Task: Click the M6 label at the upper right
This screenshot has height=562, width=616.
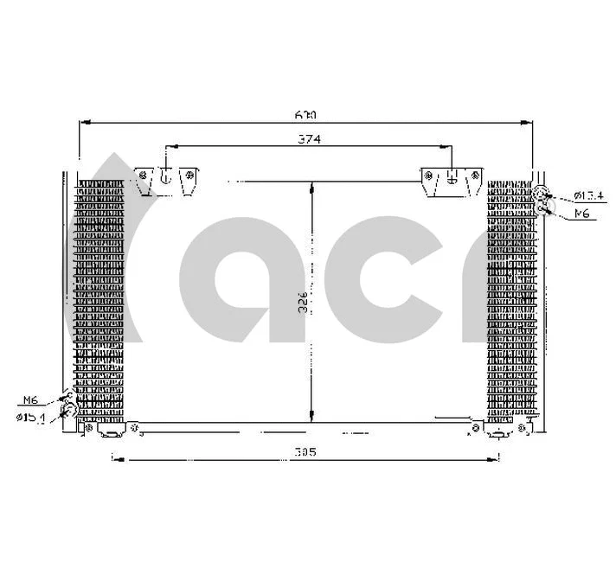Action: tap(581, 213)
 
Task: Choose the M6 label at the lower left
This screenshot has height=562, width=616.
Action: tap(31, 399)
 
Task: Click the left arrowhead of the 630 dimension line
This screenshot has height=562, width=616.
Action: tap(83, 124)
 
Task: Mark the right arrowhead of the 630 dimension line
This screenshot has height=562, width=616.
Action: tap(529, 124)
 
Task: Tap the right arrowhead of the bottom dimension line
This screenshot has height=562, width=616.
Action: tap(497, 459)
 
